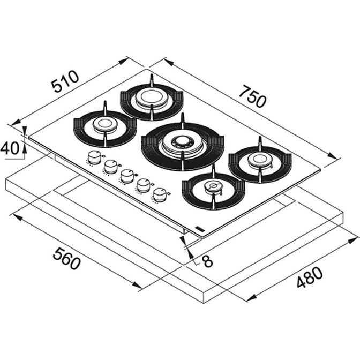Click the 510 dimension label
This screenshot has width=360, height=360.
[65, 81]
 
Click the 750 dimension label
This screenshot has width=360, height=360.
[253, 96]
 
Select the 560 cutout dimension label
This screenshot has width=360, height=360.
[66, 258]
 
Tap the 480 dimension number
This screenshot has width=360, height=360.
[310, 277]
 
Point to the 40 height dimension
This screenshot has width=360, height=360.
[10, 148]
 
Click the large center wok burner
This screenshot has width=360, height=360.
[183, 145]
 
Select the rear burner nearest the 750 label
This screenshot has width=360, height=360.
[152, 99]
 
